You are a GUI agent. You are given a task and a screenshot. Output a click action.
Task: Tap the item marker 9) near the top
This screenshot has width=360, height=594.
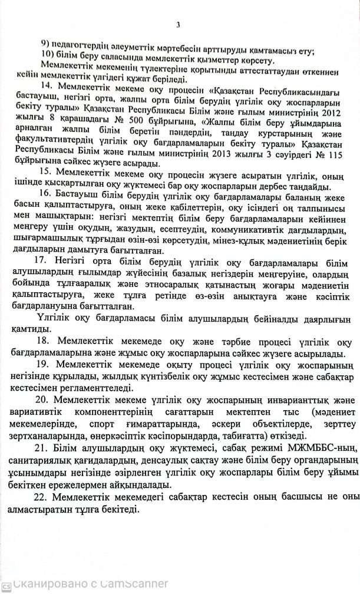pos(45,49)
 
